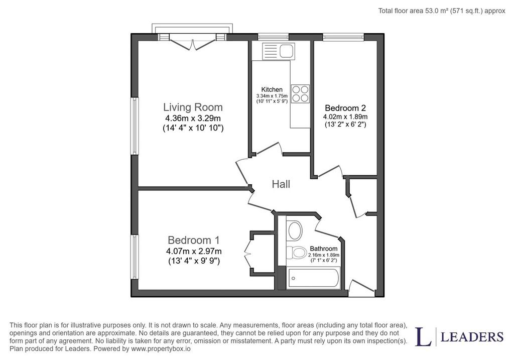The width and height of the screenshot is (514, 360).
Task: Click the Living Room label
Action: click(x=193, y=107)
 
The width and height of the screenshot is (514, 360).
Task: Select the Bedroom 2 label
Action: click(x=345, y=108)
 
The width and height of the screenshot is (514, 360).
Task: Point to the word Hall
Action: click(x=281, y=184)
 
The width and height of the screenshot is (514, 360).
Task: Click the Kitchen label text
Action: click(x=272, y=89)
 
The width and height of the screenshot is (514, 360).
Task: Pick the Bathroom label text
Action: click(x=324, y=249)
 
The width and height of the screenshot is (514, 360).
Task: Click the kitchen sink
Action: click(x=278, y=52)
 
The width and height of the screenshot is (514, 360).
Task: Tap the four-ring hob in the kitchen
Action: click(x=300, y=93)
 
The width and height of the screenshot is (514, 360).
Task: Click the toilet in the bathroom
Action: click(x=297, y=253)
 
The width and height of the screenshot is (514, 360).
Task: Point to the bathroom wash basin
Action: click(x=295, y=230)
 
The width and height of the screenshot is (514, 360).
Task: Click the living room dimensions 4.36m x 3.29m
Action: click(x=193, y=118)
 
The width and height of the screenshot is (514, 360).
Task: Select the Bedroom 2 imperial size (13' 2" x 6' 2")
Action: click(x=345, y=125)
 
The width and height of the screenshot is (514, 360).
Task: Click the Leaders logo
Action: click(x=459, y=337)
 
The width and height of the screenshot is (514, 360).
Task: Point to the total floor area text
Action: click(x=442, y=11)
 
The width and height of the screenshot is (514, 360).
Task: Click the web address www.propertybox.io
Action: click(x=161, y=349)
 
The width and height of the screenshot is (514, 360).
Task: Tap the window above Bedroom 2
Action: click(x=343, y=37)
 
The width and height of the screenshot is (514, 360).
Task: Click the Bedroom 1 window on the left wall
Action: click(x=135, y=257)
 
